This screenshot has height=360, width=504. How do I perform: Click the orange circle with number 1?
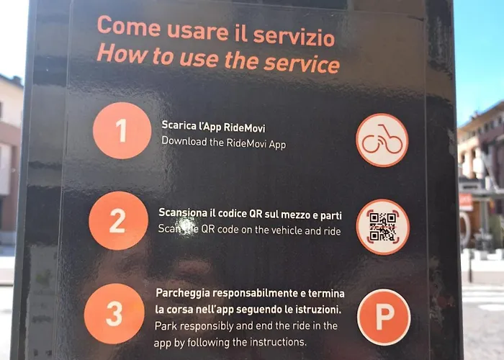[122, 130]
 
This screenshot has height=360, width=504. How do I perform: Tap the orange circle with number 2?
[118, 220]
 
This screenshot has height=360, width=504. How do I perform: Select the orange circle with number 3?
[114, 314]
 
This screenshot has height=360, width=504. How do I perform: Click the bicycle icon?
[382, 140]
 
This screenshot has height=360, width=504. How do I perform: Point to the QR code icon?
[382, 227]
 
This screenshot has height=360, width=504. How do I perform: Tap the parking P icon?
[384, 317]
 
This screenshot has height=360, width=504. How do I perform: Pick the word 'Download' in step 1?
[184, 143]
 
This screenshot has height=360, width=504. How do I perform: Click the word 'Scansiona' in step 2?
[184, 215]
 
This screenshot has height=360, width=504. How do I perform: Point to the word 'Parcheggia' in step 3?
[184, 294]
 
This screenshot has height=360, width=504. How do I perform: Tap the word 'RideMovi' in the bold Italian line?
[235, 125]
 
